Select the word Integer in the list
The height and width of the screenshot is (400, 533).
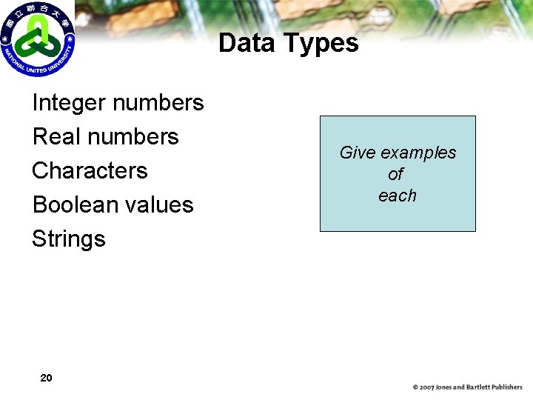click(x=70, y=103)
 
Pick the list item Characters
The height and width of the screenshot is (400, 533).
click(x=90, y=171)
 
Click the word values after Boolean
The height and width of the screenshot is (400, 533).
click(x=159, y=205)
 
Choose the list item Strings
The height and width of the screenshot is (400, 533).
click(x=68, y=239)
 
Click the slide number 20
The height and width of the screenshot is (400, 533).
click(x=46, y=379)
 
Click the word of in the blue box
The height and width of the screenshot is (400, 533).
click(x=396, y=174)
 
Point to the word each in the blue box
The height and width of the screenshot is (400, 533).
click(x=398, y=196)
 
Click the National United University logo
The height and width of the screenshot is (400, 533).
click(x=37, y=39)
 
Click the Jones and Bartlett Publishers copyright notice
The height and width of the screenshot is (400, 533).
click(x=468, y=387)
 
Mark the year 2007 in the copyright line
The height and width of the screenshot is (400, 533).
click(x=427, y=387)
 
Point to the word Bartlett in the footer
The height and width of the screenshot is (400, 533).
click(x=480, y=387)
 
